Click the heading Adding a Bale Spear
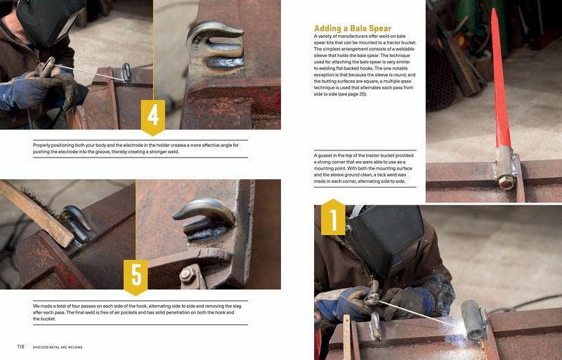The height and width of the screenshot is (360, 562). coord(353,28)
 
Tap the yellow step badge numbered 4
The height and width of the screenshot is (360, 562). coord(153,117)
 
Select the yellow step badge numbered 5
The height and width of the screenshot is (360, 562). coord(136,277)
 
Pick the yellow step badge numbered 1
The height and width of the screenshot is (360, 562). coord(333,217)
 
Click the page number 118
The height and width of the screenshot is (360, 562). coord(21,347)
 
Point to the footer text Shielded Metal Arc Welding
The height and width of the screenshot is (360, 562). coord(58,347)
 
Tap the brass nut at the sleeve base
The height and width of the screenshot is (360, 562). coord(506,182)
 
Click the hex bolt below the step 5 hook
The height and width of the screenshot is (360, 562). coord(187,276)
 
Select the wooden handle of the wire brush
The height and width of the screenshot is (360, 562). coord(36,212)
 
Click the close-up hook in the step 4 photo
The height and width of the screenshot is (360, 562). coord(215,45)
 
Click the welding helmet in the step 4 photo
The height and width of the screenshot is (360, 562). coord(50,22)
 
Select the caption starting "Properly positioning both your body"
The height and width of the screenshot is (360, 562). coord(136,148)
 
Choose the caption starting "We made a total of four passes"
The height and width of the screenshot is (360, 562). coord(137,312)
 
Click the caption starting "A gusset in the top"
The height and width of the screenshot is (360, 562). coord(364,168)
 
